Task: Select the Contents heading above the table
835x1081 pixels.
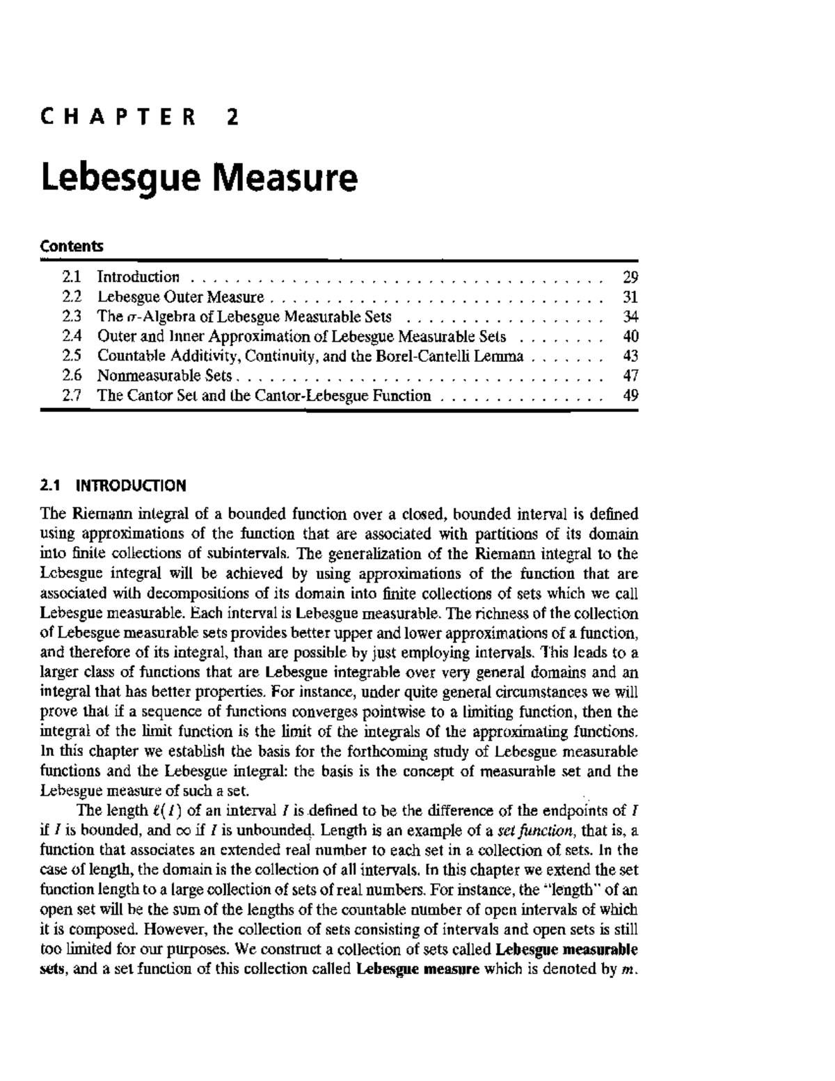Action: point(72,246)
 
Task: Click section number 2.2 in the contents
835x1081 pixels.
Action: point(72,297)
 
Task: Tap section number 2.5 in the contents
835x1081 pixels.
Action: point(72,356)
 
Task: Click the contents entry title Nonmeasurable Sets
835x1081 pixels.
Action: point(164,376)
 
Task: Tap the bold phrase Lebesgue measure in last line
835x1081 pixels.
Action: point(417,969)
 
